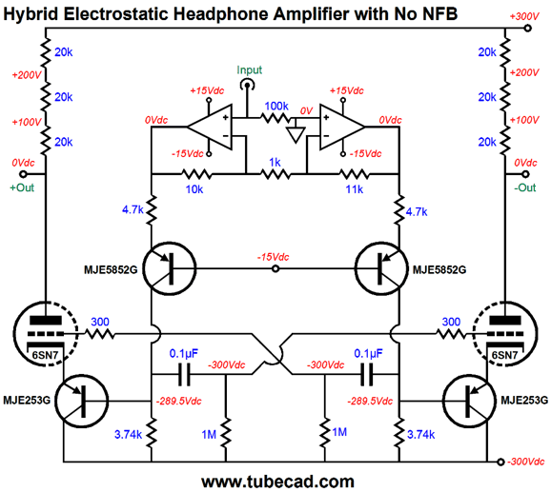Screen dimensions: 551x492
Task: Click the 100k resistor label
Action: click(x=276, y=106)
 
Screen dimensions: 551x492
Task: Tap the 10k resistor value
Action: click(x=194, y=189)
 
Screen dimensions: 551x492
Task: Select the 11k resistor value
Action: click(x=355, y=189)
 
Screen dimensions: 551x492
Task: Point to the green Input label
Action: click(x=249, y=69)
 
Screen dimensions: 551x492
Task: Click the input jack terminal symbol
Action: click(x=247, y=86)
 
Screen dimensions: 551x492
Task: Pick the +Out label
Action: click(x=22, y=187)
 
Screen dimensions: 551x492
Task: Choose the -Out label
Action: click(x=525, y=187)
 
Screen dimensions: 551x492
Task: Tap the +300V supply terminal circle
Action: click(x=527, y=29)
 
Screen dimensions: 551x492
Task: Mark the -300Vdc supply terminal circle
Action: click(x=501, y=462)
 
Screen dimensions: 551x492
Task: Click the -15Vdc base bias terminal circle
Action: click(x=275, y=269)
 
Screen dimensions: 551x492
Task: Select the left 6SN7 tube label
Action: click(x=45, y=355)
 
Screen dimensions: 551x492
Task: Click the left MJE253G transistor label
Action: click(x=27, y=400)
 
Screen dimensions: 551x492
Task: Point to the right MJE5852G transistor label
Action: click(x=439, y=269)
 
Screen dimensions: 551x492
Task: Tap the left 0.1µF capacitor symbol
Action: click(x=184, y=375)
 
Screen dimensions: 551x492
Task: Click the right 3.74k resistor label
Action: click(x=420, y=435)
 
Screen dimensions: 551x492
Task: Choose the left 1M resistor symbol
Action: click(x=226, y=432)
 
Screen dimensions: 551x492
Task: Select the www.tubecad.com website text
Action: click(x=277, y=482)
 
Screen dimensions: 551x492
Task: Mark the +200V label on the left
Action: click(x=27, y=74)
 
